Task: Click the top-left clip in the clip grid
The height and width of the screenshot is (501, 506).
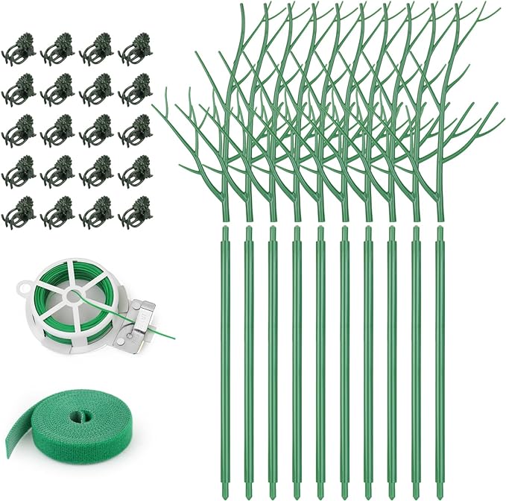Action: click(18, 49)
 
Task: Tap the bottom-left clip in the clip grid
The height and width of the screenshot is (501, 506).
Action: click(18, 211)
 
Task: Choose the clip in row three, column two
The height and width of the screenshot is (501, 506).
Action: click(57, 130)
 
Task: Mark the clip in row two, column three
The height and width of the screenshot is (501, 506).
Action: click(95, 90)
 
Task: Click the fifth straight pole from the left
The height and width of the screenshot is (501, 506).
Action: click(321, 350)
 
